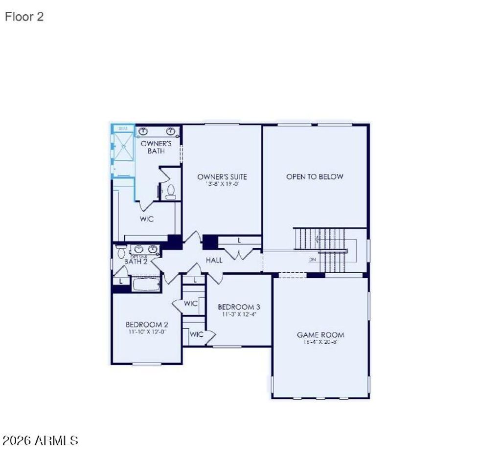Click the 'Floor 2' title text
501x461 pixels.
coord(24,17)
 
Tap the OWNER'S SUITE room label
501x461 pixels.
coord(222,177)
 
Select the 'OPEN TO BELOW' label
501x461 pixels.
coord(315,177)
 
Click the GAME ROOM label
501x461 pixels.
coord(320,335)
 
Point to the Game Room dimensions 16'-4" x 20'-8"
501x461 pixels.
coord(320,342)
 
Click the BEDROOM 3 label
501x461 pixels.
coord(239,307)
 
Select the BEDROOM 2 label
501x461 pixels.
coord(147,324)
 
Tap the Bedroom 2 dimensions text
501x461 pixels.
coord(147,331)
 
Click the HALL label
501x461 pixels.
coord(214,260)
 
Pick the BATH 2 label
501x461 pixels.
coord(136,262)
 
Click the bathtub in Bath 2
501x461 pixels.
coord(146,284)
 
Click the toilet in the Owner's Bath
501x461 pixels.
coord(171,191)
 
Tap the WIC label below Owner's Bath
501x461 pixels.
coord(147,219)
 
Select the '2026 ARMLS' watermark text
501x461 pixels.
coord(41,440)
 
